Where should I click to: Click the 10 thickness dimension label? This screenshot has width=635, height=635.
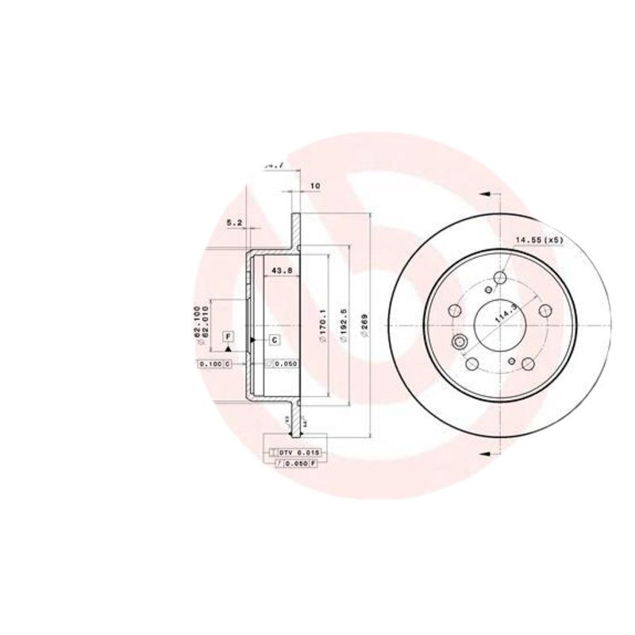[314, 186]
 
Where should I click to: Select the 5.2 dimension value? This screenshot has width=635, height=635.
[234, 223]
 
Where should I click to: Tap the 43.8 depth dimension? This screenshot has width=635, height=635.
[283, 270]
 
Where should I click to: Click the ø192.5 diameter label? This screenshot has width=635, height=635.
[344, 325]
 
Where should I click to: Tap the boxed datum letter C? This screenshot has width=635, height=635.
[274, 340]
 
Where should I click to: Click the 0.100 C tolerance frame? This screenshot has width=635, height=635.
[214, 364]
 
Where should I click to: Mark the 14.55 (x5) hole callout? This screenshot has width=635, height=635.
[539, 239]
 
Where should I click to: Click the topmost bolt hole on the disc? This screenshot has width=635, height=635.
[500, 278]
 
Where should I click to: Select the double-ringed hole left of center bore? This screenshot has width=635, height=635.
[460, 343]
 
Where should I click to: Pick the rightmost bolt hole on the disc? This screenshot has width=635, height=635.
[545, 312]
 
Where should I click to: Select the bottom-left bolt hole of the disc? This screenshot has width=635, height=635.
[472, 364]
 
